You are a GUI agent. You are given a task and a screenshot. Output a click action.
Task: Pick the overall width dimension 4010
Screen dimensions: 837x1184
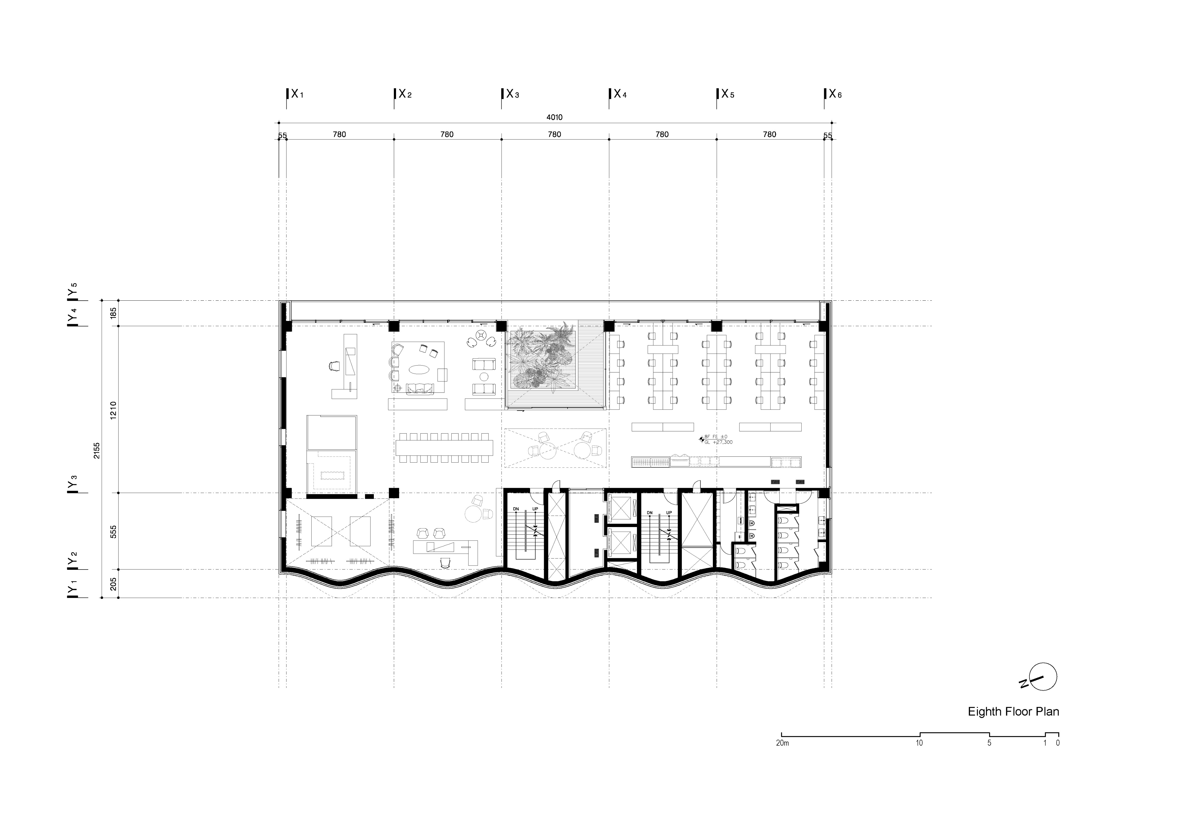pos(554,117)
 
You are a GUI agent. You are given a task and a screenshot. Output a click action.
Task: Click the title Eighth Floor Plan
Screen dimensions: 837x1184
pos(1013,712)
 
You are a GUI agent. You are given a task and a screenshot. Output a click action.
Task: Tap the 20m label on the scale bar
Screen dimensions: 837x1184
pos(782,743)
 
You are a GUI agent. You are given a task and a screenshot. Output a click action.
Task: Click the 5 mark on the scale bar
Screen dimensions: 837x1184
pos(989,743)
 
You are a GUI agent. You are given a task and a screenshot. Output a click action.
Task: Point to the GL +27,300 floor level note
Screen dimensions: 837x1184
pos(718,442)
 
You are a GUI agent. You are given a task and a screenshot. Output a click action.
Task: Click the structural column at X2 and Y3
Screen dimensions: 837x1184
pos(394,493)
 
